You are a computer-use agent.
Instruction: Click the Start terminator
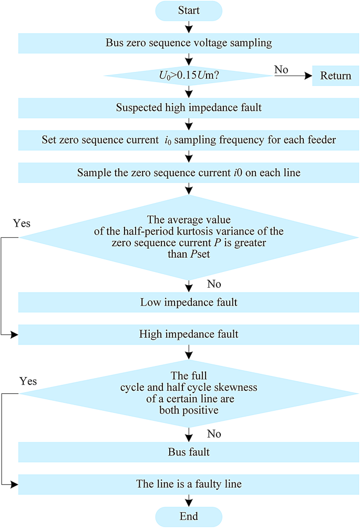point(189,11)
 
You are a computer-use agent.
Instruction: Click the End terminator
point(189,516)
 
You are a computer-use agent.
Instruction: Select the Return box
point(335,76)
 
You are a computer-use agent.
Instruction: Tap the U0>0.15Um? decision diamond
point(189,76)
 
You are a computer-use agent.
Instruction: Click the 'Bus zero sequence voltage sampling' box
point(189,43)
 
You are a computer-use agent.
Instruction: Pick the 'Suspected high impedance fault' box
point(189,108)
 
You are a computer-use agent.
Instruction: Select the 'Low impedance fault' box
point(189,302)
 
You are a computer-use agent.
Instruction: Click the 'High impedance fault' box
point(189,334)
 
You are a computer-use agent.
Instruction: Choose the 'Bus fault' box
point(189,452)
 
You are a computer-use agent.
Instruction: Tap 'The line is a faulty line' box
point(189,484)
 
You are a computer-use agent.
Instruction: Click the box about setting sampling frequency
point(189,140)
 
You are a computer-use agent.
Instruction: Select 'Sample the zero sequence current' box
point(189,172)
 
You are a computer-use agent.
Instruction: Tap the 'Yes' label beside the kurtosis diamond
point(22,224)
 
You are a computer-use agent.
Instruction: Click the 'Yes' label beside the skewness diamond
point(28,381)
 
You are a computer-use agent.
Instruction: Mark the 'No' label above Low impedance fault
point(214,284)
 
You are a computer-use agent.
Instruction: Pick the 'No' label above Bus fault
point(214,434)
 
